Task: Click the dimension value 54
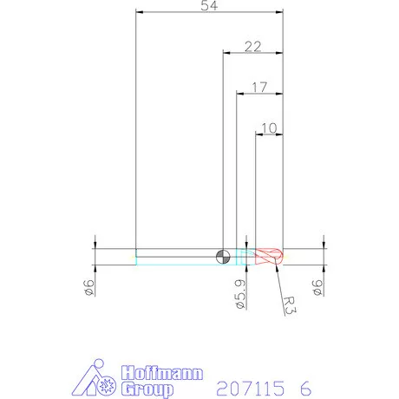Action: click(x=209, y=6)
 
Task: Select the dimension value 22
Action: click(x=253, y=47)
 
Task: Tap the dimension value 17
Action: click(x=259, y=88)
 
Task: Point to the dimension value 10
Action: click(x=269, y=128)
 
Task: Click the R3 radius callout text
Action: click(x=290, y=305)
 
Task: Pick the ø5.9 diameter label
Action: click(x=241, y=294)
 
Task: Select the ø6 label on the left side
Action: click(x=89, y=287)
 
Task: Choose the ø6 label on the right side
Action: click(x=317, y=287)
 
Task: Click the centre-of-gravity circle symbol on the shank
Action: click(x=223, y=257)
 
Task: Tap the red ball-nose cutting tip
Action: click(x=269, y=257)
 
